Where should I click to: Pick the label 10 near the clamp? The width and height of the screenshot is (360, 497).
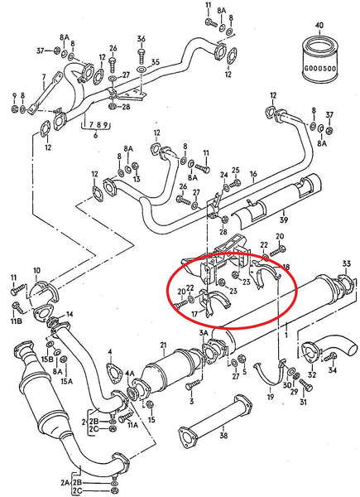click(x=36, y=272)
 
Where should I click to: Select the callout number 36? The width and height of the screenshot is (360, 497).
click(x=141, y=39)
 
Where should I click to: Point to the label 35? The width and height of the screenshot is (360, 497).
click(x=156, y=61)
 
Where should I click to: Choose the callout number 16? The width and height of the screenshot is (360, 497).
click(x=253, y=174)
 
